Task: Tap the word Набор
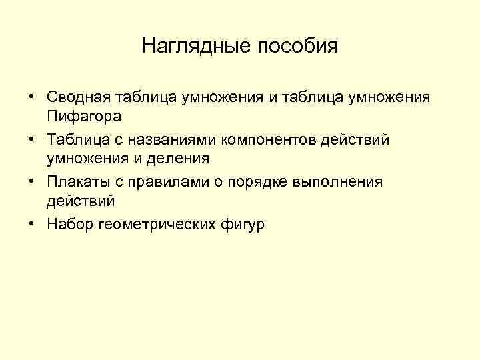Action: [x=70, y=225]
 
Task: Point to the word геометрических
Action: [x=158, y=225]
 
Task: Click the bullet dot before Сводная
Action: [x=32, y=97]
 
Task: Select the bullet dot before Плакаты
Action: [x=32, y=182]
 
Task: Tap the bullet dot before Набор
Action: [x=32, y=225]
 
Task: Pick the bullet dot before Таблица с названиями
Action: [x=32, y=140]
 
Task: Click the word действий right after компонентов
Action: [x=356, y=140]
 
